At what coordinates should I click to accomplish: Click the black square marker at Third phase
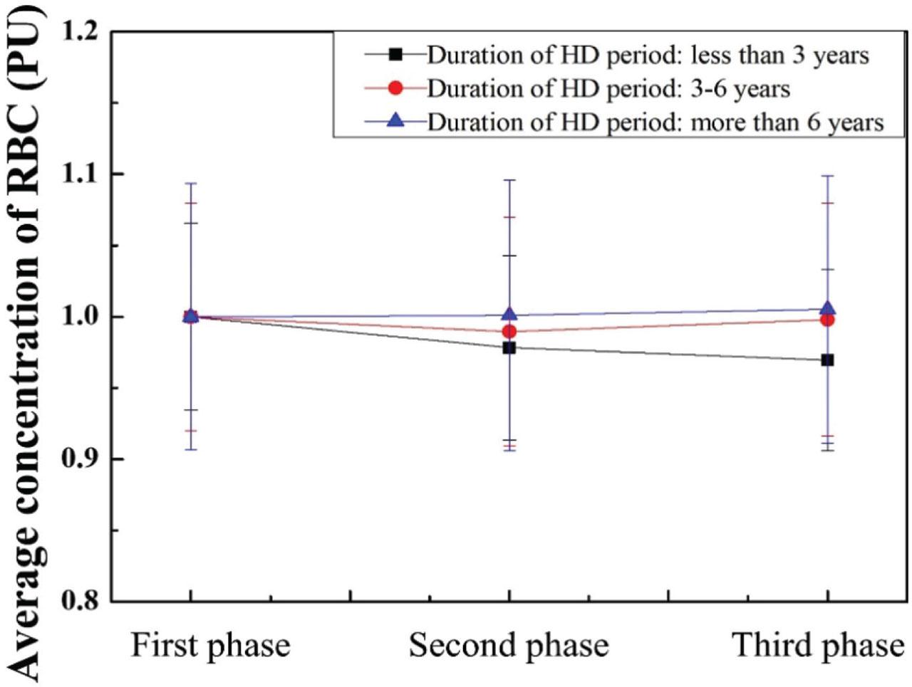pos(827,360)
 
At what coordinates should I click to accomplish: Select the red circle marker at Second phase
pos(509,332)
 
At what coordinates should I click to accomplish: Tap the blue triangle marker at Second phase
pos(509,314)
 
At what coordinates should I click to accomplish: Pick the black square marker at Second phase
pos(509,348)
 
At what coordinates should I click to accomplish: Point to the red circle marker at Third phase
pos(827,320)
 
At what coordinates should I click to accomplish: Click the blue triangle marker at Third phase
pos(827,308)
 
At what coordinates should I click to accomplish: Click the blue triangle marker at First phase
pos(190,315)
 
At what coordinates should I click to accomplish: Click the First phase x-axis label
pos(211,646)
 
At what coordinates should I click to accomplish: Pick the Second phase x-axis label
pos(509,646)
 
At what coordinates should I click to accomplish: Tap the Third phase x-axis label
pos(819,646)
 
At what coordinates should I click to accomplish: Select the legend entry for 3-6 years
pos(608,88)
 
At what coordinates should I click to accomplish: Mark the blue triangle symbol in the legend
pos(396,122)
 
